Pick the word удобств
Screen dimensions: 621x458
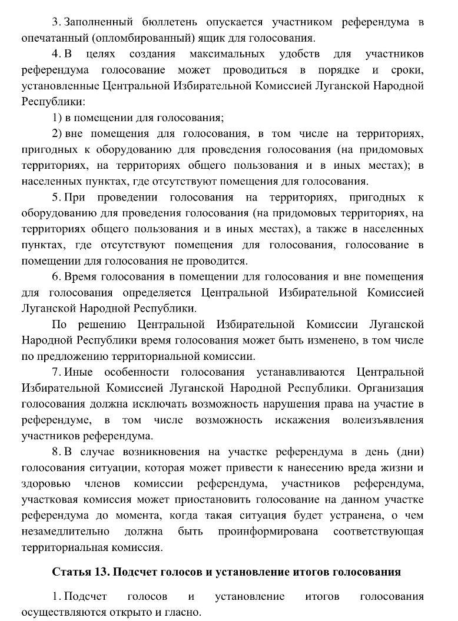[x=299, y=55]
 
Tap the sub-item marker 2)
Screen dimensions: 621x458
[x=57, y=133]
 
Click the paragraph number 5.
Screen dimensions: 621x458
[x=55, y=197]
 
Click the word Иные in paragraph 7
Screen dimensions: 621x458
[x=75, y=372]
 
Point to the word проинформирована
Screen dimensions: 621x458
[x=268, y=532]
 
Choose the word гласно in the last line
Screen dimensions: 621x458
[x=184, y=612]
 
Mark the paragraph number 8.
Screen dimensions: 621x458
[x=55, y=452]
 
